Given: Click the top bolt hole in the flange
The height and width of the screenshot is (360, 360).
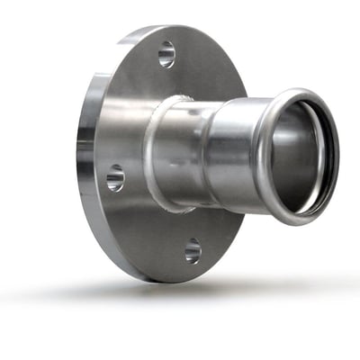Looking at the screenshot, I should (x=166, y=55).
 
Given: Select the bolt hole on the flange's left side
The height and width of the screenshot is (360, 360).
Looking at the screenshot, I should (x=115, y=177).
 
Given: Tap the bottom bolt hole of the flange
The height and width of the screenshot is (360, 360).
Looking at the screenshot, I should (x=193, y=249).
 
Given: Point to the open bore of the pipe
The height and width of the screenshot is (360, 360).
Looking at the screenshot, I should (x=301, y=157).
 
